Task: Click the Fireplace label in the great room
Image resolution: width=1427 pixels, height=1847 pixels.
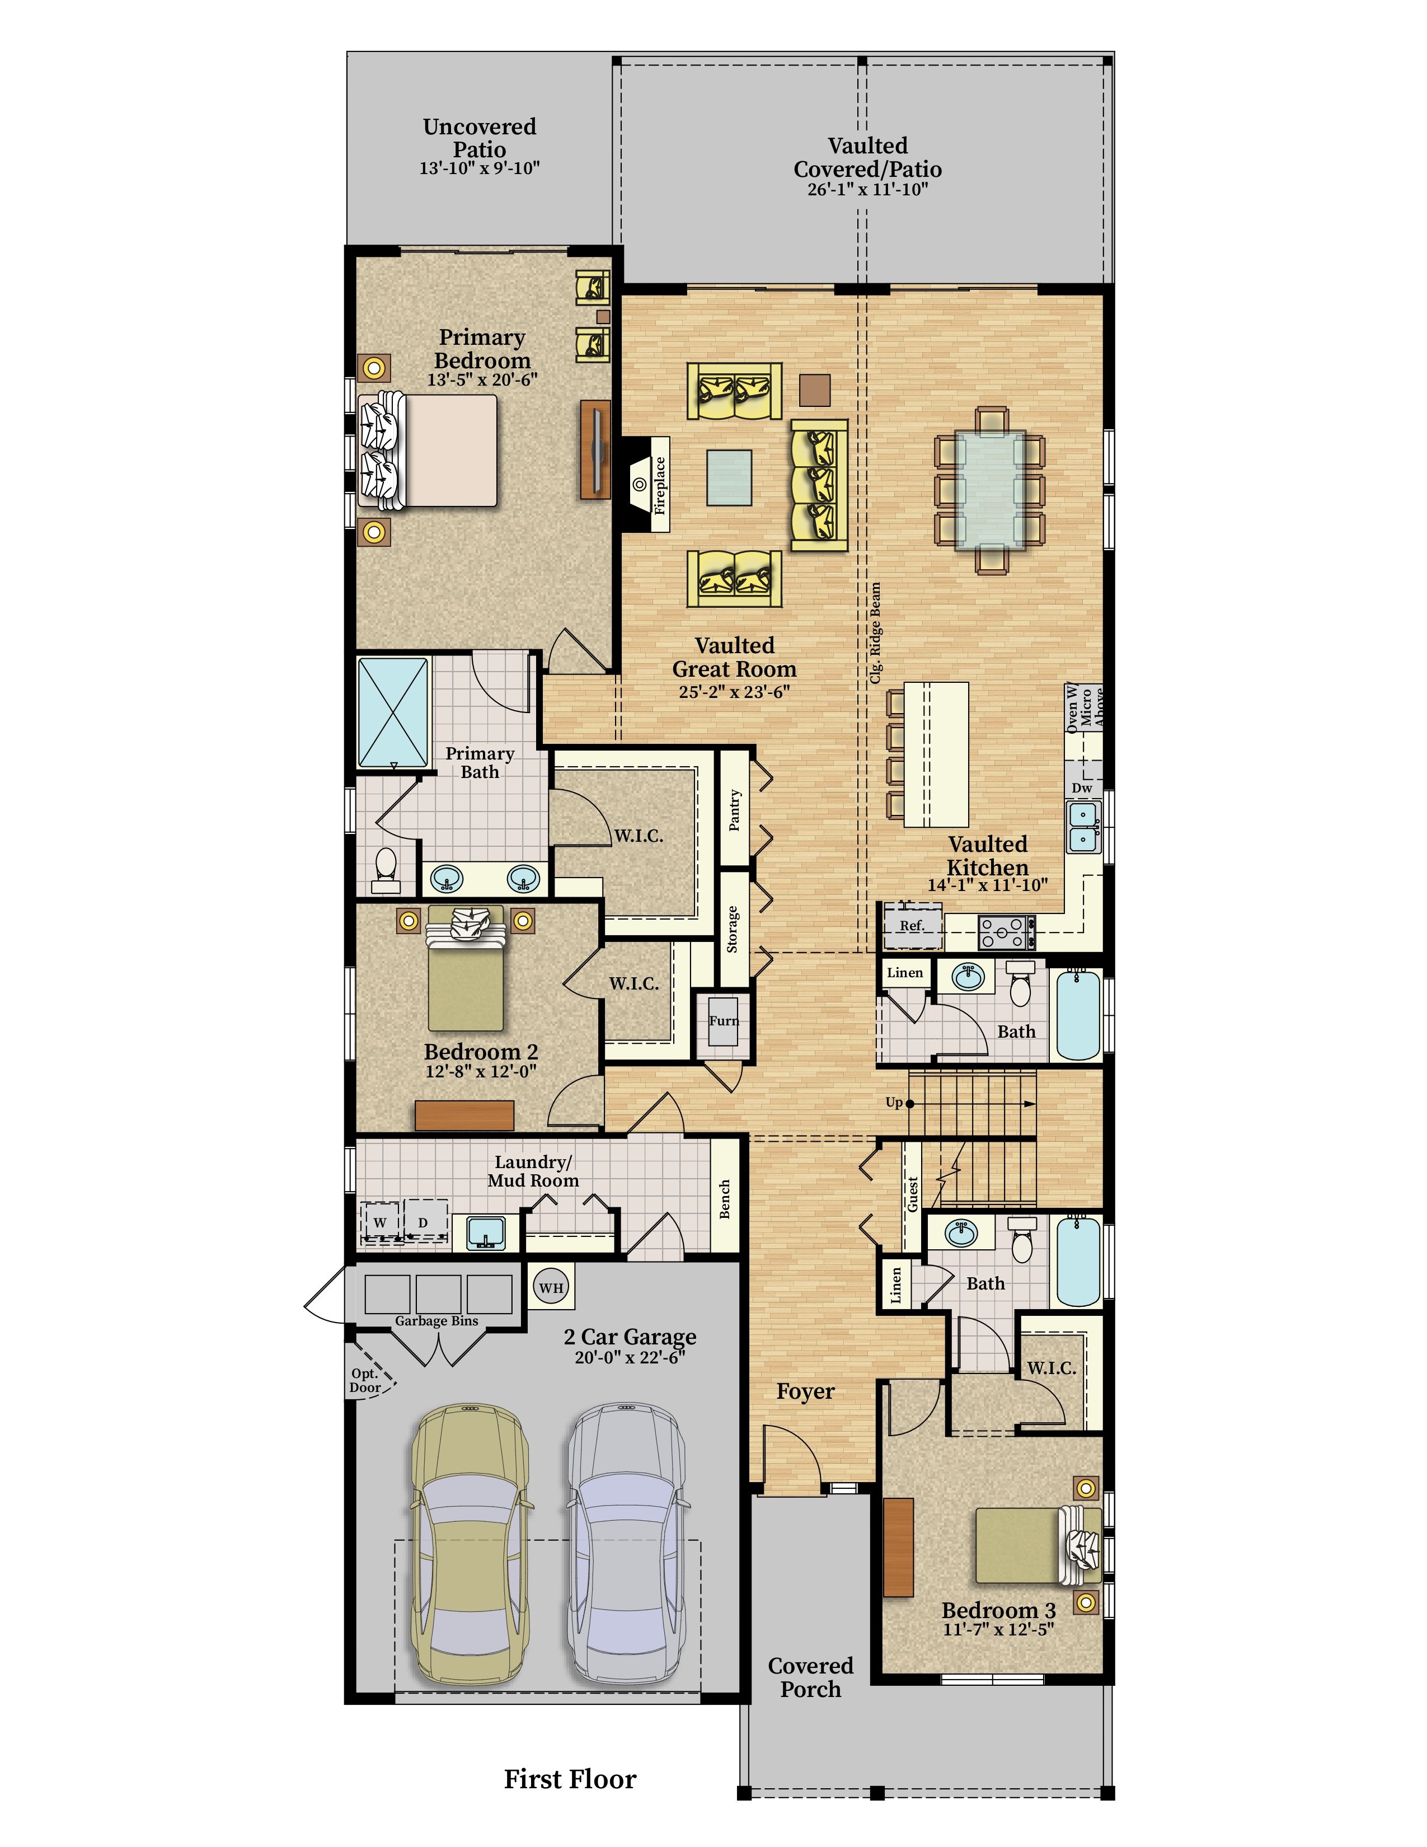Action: [x=660, y=485]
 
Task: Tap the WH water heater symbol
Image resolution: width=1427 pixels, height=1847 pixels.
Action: [x=551, y=1288]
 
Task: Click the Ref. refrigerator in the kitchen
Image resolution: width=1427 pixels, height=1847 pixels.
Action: [x=911, y=925]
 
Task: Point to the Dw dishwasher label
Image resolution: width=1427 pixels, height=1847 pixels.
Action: [x=1082, y=787]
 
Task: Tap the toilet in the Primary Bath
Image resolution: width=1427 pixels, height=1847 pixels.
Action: [x=386, y=869]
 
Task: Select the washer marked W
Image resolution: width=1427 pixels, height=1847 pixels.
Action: [x=381, y=1222]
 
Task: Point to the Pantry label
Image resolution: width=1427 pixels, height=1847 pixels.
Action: [x=735, y=810]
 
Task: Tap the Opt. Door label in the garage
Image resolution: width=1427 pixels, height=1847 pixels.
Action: [x=365, y=1380]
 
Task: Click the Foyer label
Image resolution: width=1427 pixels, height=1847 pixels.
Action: [x=806, y=1391]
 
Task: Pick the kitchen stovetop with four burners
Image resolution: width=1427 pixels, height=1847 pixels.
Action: [x=1007, y=933]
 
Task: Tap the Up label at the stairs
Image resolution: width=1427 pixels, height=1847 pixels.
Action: [x=894, y=1102]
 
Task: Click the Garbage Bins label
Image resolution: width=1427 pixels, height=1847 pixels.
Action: [x=436, y=1321]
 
